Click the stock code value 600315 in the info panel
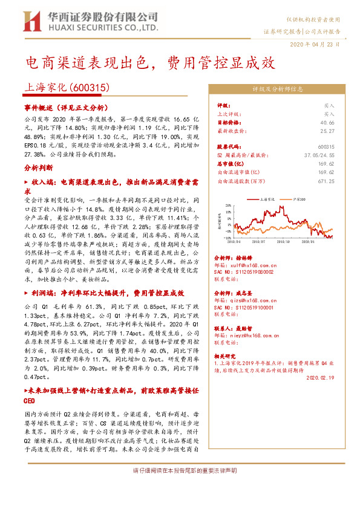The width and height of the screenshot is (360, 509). [x=326, y=146]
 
